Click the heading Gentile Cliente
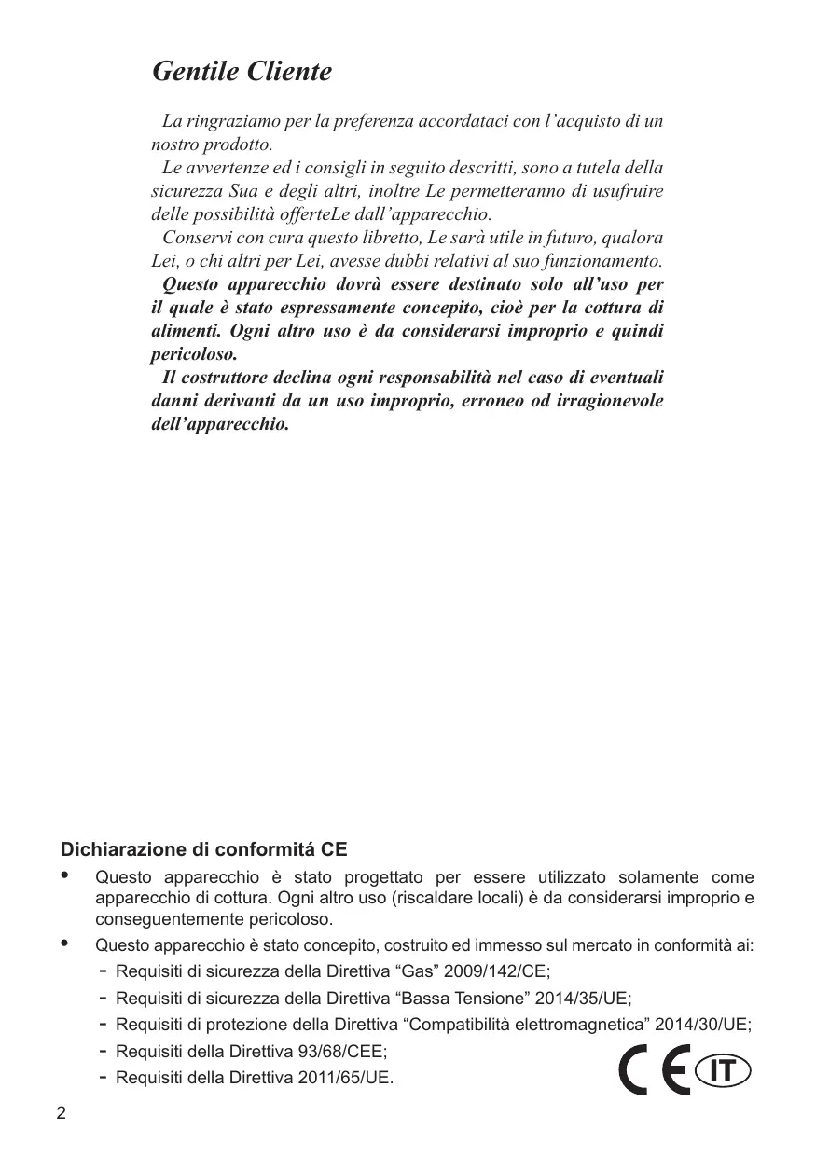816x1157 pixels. point(242,72)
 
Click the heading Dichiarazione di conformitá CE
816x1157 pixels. point(203,850)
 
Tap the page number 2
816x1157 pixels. point(62,1114)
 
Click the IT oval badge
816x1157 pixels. point(723,1072)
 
